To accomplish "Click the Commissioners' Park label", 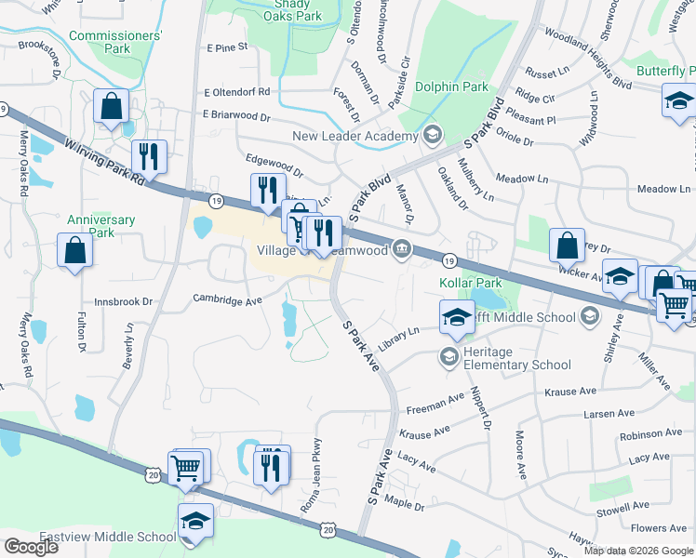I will click(x=115, y=42).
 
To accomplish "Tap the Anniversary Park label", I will click(x=100, y=226).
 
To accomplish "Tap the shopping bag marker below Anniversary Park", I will click(x=75, y=249).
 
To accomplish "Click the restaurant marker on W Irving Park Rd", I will click(x=149, y=156).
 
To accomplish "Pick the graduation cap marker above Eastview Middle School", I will click(x=195, y=520).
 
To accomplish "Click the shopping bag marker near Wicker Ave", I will click(x=567, y=246).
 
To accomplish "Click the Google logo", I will click(x=31, y=547).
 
